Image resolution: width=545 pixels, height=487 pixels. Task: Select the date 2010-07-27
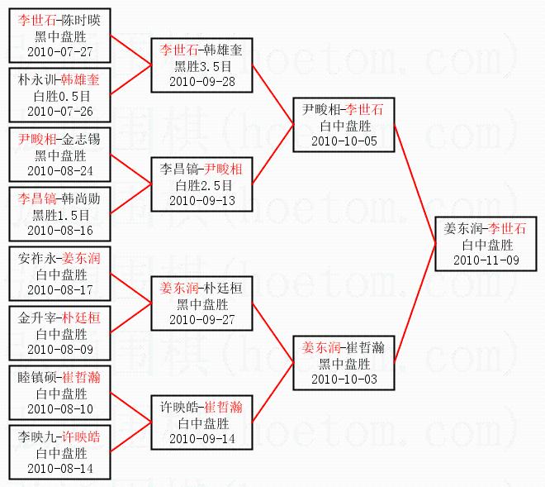point(60,51)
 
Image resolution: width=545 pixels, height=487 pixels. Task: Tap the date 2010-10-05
point(343,141)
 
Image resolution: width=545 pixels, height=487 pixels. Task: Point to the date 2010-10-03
point(343,378)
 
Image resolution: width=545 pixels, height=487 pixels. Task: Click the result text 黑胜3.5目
point(202,66)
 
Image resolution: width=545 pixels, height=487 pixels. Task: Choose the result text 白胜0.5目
point(60,96)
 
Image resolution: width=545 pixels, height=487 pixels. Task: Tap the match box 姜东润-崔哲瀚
point(343,362)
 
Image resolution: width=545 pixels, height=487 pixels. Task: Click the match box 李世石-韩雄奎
point(202,66)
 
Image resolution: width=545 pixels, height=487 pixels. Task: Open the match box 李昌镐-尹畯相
point(202,184)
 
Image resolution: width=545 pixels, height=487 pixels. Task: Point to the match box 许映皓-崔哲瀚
point(202,423)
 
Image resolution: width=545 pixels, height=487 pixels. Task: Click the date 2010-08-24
point(60,170)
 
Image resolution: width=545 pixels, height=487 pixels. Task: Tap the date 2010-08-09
point(60,349)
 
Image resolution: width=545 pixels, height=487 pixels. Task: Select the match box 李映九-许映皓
point(60,452)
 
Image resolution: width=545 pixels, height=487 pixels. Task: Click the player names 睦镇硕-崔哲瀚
point(60,377)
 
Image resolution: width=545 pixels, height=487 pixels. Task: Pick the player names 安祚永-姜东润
point(60,258)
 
